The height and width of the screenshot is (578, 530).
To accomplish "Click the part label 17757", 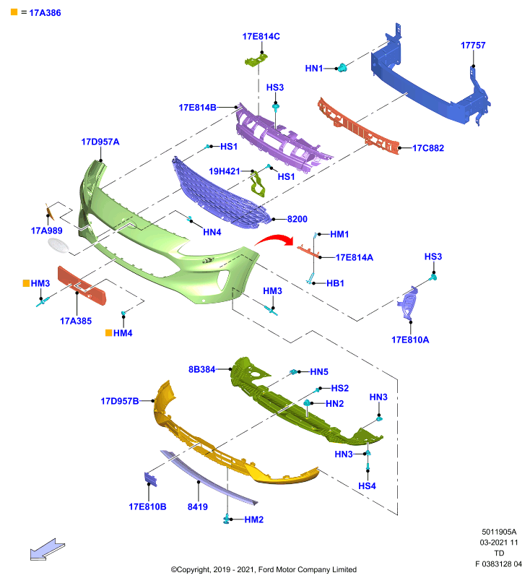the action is (x=473, y=46).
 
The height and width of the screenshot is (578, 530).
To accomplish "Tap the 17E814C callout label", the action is (x=261, y=37).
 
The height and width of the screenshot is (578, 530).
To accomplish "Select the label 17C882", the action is (x=428, y=148).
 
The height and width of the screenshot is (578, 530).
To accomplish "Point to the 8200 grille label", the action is (x=297, y=219).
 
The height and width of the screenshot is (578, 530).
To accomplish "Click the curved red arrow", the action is (x=274, y=240).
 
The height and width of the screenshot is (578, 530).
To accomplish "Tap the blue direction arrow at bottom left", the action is (x=47, y=550).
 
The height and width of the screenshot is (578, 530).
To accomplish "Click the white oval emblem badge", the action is (x=58, y=246).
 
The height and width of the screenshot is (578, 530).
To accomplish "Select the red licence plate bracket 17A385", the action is (x=82, y=285).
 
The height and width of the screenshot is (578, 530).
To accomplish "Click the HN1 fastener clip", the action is (x=342, y=67).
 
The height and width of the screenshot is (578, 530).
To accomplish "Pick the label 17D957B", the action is (x=120, y=401).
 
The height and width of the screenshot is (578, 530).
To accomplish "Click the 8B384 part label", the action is (x=201, y=369).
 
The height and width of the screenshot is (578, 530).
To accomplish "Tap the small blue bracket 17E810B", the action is (x=150, y=479).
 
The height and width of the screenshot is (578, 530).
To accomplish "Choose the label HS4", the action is (x=367, y=486).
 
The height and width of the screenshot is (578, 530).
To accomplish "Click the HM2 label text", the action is (x=253, y=519).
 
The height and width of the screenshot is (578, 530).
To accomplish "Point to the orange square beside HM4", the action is (x=108, y=333).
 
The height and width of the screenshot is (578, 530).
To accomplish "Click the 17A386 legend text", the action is (x=45, y=13).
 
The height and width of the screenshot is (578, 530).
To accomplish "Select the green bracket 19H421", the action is (x=258, y=185).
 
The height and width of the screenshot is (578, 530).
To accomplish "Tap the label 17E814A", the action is (x=355, y=258).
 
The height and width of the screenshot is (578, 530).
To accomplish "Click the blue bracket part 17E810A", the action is (x=408, y=302).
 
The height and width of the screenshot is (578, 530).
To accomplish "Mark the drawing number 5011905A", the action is (x=499, y=532).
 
